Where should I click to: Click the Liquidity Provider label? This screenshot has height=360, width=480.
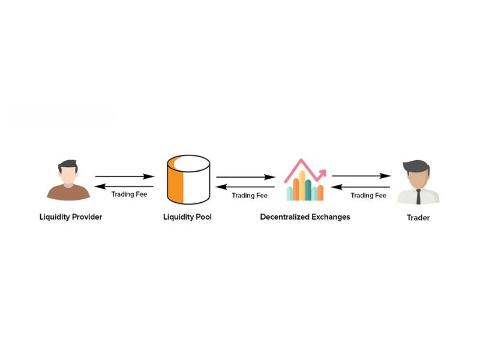point(71,217)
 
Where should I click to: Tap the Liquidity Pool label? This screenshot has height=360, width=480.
point(187,217)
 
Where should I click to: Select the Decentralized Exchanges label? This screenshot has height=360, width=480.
point(305,217)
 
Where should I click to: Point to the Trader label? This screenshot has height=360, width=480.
point(418,218)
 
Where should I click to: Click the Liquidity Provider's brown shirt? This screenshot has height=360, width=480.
point(68,192)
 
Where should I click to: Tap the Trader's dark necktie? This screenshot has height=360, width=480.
point(418,197)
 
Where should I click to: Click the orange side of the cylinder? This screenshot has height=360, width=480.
point(175,181)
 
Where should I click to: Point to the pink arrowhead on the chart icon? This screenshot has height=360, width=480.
point(322,173)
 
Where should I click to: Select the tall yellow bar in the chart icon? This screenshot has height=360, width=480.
point(302,185)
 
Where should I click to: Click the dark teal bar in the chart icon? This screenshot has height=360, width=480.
point(308,190)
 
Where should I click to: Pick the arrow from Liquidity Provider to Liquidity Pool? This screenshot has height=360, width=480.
point(125,176)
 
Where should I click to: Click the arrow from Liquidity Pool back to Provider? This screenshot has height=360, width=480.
point(124,187)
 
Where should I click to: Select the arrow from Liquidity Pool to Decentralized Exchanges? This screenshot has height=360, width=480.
point(246,177)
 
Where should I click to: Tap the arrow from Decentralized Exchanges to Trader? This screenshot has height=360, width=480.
point(362,176)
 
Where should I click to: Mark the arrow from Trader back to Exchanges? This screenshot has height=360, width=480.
point(361,187)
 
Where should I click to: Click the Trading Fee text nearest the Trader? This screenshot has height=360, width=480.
point(368,196)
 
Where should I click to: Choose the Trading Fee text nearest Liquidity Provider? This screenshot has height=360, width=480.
point(129,194)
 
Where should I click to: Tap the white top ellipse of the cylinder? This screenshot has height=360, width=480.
point(192,163)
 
